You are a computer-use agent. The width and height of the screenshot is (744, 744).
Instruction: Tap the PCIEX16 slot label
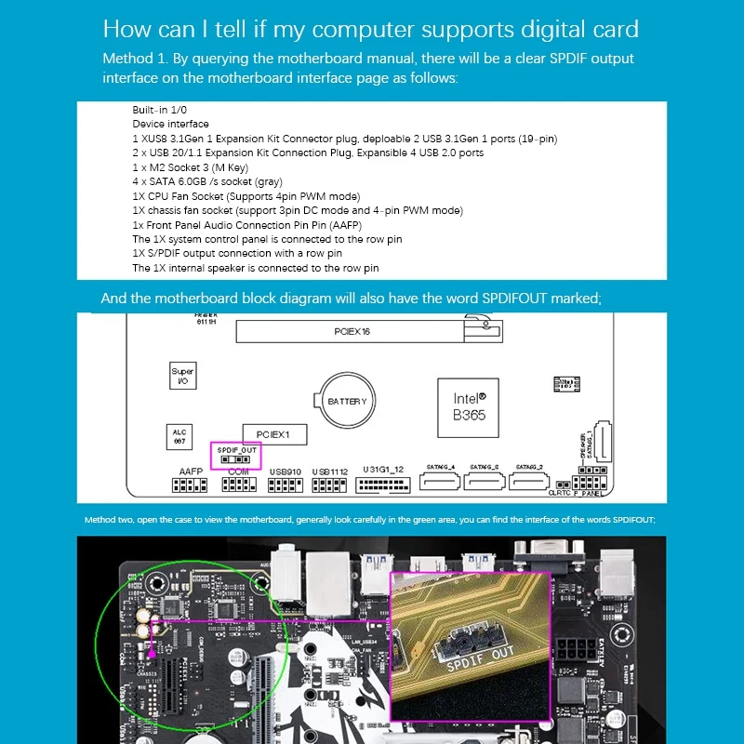pyautogui.click(x=352, y=331)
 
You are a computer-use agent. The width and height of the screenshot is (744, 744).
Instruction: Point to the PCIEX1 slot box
pyautogui.click(x=274, y=434)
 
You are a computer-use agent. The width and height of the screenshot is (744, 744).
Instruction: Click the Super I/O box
pyautogui.click(x=182, y=376)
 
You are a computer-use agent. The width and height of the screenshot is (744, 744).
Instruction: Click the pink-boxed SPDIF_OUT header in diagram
pyautogui.click(x=236, y=454)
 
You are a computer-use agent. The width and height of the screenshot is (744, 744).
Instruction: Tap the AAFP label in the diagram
pyautogui.click(x=191, y=472)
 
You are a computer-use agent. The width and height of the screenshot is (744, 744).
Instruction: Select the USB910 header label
pyautogui.click(x=285, y=472)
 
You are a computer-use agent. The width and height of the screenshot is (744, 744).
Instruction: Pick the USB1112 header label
pyautogui.click(x=329, y=472)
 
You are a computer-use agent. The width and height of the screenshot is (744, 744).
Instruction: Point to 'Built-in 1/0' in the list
pyautogui.click(x=160, y=110)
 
